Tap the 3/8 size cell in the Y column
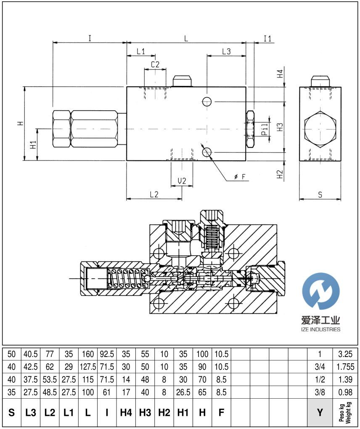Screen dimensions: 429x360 [320, 392]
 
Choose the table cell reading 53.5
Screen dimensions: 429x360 [50, 379]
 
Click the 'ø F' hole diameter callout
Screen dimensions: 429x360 [240, 177]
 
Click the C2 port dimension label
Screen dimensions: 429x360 [155, 64]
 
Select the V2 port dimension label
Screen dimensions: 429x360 [182, 181]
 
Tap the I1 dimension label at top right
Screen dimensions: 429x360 [267, 39]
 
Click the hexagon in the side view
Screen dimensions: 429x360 [320, 129]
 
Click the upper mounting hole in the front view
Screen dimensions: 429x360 [206, 101]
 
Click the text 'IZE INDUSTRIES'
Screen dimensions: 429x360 [321, 329]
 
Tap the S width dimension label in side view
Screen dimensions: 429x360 [320, 195]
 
